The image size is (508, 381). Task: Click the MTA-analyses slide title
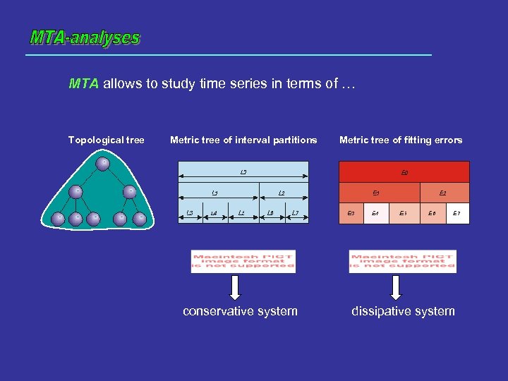[85, 37]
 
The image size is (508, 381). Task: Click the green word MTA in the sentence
[84, 85]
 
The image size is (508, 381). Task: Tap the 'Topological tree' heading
[106, 140]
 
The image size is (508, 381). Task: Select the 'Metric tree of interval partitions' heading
[243, 140]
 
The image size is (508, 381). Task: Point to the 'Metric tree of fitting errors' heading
[401, 140]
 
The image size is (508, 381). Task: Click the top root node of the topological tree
[103, 164]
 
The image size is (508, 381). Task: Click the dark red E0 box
[404, 172]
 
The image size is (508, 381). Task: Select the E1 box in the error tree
[377, 193]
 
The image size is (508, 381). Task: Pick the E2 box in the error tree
[442, 193]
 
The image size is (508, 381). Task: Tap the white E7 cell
[457, 213]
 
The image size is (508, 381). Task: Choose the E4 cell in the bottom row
[375, 213]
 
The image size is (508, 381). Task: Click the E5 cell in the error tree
[403, 213]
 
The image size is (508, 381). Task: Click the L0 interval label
[243, 171]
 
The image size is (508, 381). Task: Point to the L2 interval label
[281, 193]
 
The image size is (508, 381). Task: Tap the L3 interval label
[189, 212]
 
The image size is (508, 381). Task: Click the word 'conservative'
[217, 311]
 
